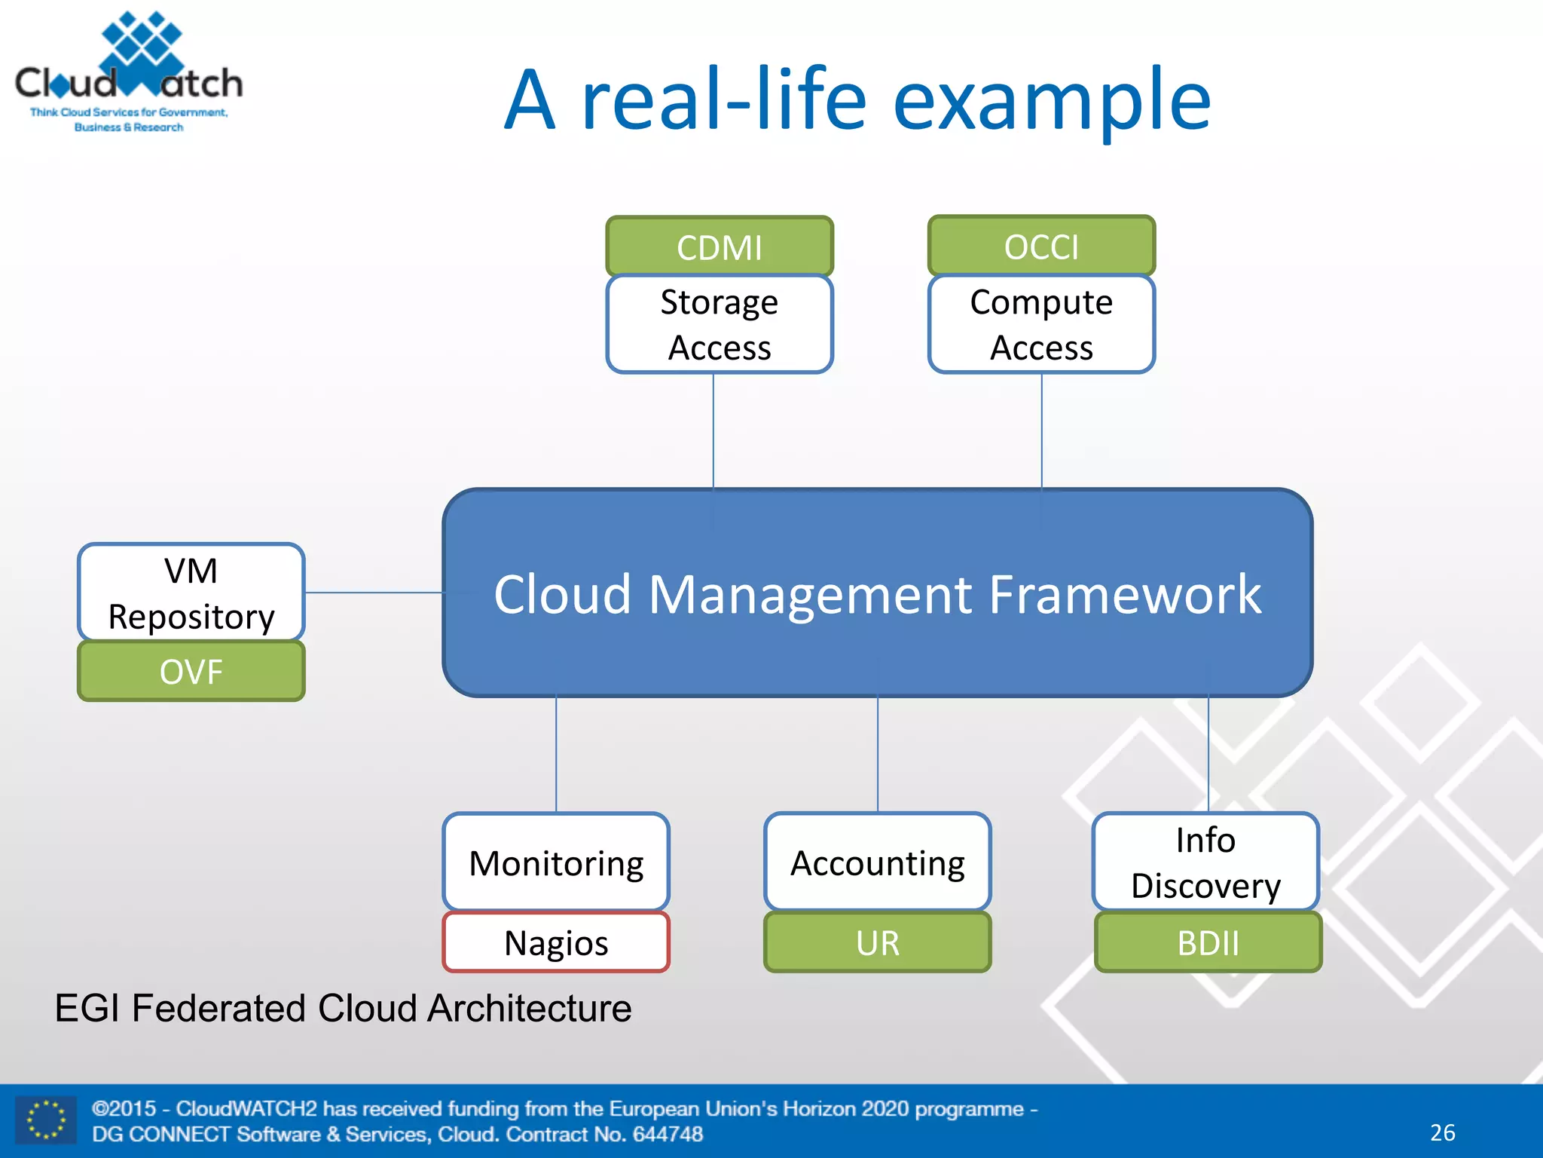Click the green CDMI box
click(x=720, y=247)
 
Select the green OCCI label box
click(x=1041, y=247)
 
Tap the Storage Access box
click(x=720, y=325)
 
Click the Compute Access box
click(x=1041, y=325)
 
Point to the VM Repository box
click(x=191, y=593)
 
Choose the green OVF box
click(x=191, y=672)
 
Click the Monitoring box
click(x=556, y=862)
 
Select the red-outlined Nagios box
click(x=556, y=943)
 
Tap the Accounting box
click(x=878, y=862)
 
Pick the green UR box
click(x=878, y=943)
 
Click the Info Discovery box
click(x=1205, y=862)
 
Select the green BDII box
click(x=1208, y=943)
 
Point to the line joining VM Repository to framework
click(x=374, y=593)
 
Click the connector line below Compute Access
click(x=1042, y=430)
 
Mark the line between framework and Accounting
click(x=878, y=754)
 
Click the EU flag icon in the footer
click(x=45, y=1120)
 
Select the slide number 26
click(x=1442, y=1132)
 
